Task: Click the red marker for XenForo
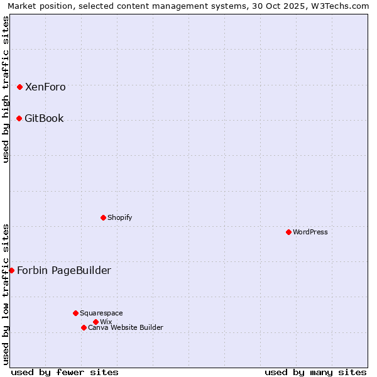click(x=19, y=87)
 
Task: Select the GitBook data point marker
click(x=19, y=118)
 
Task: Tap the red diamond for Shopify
click(x=103, y=217)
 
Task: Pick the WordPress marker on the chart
click(x=288, y=232)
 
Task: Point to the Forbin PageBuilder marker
click(x=11, y=270)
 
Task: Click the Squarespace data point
click(x=75, y=313)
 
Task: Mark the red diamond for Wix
click(x=96, y=322)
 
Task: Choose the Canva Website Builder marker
click(x=84, y=327)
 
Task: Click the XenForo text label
click(x=45, y=87)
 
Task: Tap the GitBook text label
click(x=44, y=118)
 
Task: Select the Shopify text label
click(x=119, y=217)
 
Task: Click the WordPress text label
click(x=310, y=232)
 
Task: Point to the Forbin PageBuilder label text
click(x=64, y=270)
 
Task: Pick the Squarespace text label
click(x=101, y=313)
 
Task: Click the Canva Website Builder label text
click(x=126, y=327)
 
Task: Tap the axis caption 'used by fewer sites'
click(x=65, y=372)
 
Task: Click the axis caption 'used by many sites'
click(x=315, y=372)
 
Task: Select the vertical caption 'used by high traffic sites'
click(x=6, y=89)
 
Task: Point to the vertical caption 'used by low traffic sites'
click(x=6, y=294)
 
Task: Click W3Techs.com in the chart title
click(x=341, y=6)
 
